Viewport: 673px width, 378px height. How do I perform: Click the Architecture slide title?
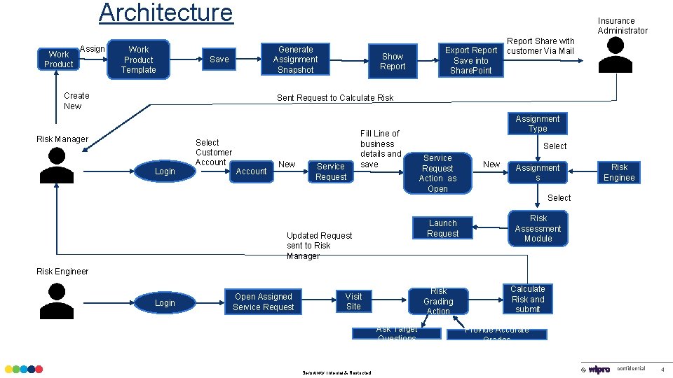165,13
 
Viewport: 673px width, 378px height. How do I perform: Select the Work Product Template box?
139,59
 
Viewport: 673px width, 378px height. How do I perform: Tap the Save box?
219,59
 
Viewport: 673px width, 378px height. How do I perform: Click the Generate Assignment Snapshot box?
296,59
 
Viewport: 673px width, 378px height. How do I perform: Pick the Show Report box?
393,62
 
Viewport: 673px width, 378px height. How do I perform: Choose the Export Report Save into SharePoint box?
471,60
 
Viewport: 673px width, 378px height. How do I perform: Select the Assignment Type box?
538,124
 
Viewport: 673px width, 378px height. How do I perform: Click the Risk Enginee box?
619,172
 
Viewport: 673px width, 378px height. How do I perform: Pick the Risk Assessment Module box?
538,228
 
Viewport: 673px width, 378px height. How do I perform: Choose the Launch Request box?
442,228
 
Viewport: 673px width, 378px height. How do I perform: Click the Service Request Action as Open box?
437,174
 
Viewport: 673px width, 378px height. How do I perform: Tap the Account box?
252,171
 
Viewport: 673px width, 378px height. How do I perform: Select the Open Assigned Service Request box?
264,302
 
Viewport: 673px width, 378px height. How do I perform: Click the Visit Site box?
353,302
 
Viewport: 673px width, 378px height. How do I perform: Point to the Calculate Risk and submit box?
527,299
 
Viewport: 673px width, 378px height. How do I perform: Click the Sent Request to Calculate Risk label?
335,98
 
